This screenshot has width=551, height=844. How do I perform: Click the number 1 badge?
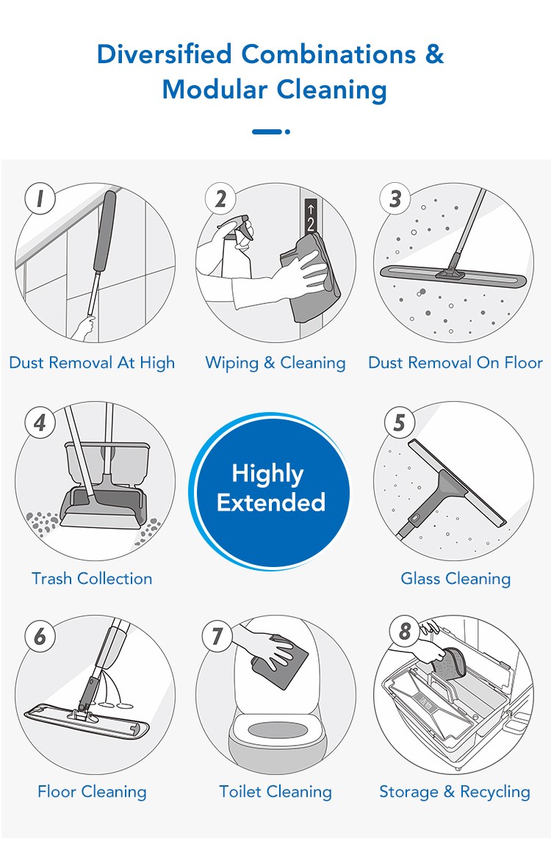40,198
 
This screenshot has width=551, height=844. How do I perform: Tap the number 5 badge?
399,422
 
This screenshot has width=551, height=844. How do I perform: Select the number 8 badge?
404,630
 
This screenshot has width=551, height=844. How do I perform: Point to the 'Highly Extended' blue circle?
270,489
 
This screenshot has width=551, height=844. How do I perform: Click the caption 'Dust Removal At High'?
92,363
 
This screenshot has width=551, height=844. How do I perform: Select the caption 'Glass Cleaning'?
455,579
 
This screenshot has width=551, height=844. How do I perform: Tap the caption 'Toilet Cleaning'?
275,792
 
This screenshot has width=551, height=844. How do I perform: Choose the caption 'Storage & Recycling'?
455,792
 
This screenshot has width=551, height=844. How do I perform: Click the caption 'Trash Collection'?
92,579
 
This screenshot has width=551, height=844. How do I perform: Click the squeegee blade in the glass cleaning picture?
457,483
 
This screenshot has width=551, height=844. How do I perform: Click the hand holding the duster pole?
84,327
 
